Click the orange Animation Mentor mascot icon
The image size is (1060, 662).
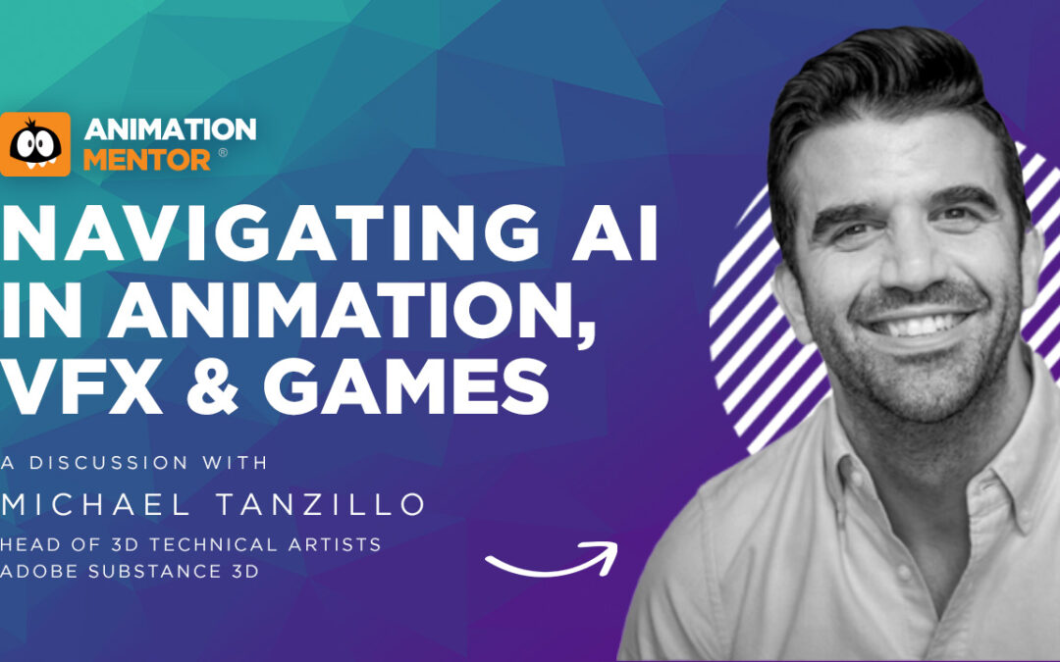coord(35,144)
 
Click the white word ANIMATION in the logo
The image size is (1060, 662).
coord(171,129)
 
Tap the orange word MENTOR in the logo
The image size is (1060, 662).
coord(146,160)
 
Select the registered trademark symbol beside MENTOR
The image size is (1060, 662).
coord(223,153)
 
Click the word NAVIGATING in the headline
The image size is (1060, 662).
coord(271,233)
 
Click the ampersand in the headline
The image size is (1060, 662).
coord(212,385)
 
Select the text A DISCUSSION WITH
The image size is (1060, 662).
coord(134,463)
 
